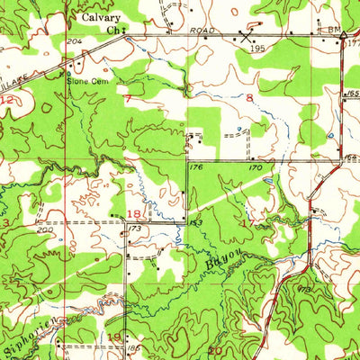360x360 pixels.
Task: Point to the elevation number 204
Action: [x=74, y=41]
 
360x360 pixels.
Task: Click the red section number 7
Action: [x=128, y=98]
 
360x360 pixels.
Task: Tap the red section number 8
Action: [x=249, y=96]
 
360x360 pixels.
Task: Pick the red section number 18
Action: [x=135, y=213]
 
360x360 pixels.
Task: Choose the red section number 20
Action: [x=215, y=350]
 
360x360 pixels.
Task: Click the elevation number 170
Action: [x=255, y=166]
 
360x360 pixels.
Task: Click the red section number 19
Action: [x=114, y=337]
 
